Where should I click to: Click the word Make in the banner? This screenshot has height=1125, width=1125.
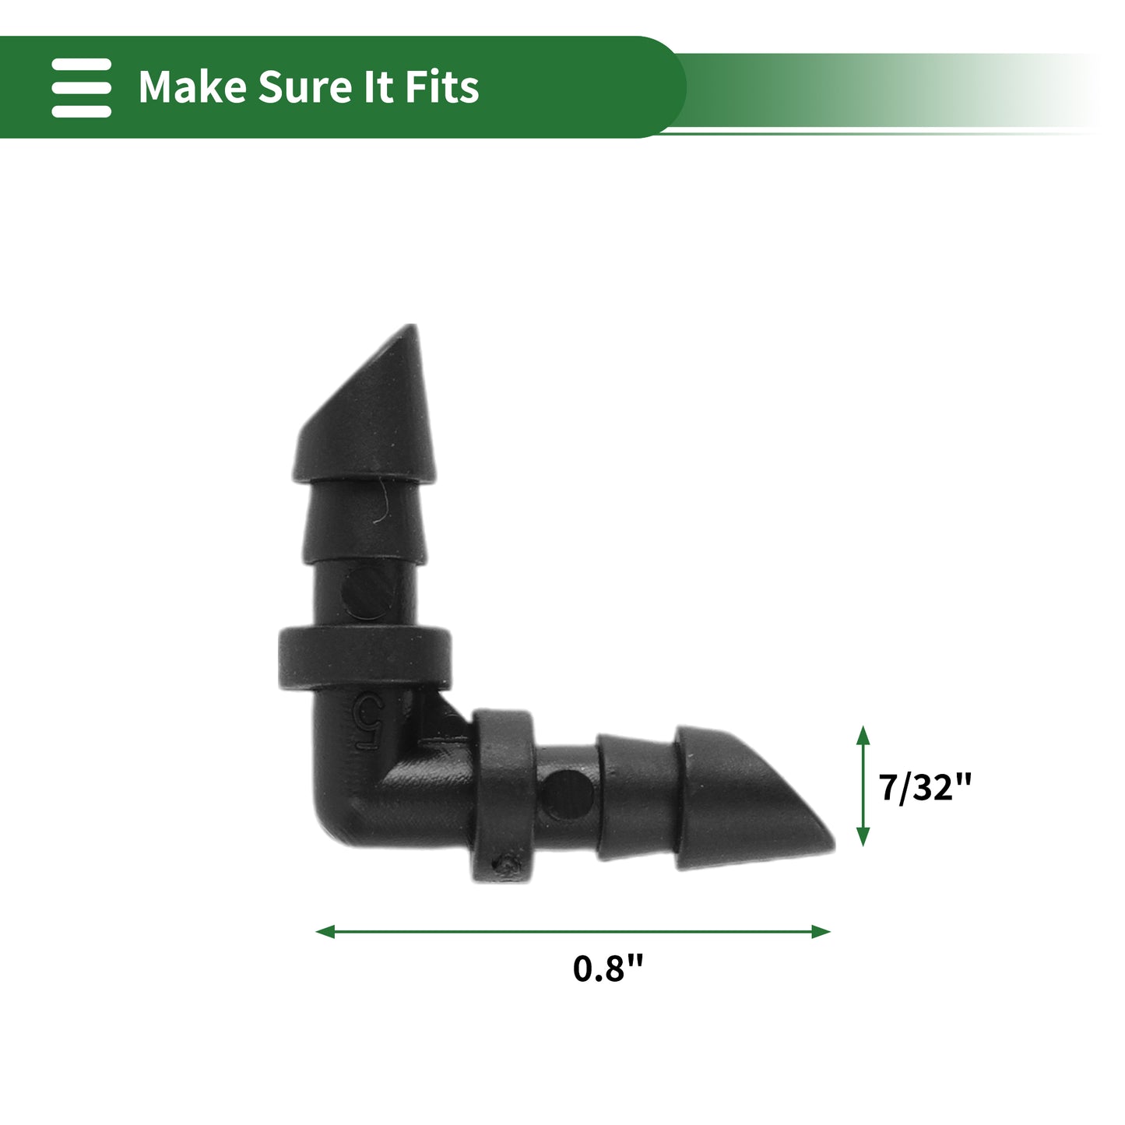point(192,87)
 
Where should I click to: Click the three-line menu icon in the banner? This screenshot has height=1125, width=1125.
point(81,87)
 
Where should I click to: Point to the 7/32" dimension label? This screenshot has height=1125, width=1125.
point(926,788)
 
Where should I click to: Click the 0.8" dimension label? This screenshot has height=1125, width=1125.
point(607,969)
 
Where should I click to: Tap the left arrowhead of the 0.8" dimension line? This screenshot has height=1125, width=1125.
point(325,932)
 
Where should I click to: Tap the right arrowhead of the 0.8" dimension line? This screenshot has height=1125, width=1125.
point(821,932)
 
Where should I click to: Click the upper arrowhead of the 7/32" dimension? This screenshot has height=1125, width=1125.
point(863,736)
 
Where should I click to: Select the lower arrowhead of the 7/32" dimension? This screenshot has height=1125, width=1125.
point(863,838)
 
